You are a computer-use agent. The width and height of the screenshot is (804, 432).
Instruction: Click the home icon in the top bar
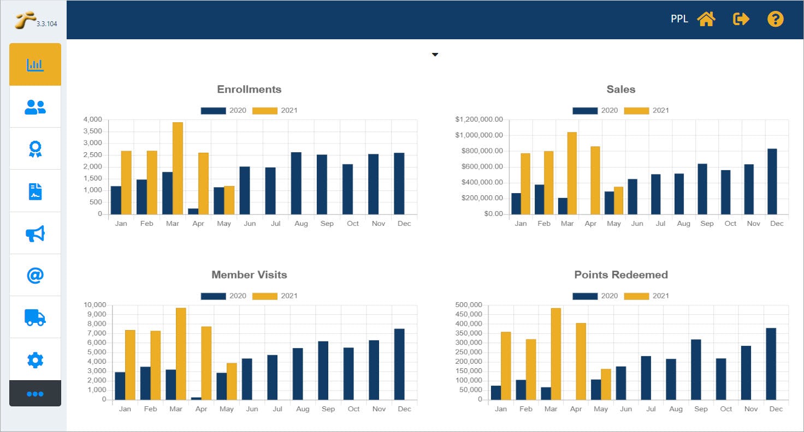[x=706, y=20]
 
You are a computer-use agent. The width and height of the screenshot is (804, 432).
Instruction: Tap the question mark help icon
[x=775, y=20]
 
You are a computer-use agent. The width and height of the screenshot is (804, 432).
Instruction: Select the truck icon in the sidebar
[x=35, y=317]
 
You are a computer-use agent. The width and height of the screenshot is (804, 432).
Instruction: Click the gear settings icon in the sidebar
[x=35, y=359]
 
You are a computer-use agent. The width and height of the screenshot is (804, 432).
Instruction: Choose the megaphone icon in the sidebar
[x=35, y=233]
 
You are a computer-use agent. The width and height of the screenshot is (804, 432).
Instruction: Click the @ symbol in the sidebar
[x=35, y=275]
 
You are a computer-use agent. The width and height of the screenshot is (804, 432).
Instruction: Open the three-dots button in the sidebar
[x=35, y=393]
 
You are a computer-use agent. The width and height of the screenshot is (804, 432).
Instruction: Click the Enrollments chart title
[x=249, y=89]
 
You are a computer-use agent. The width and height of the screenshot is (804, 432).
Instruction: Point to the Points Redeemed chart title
[x=621, y=275]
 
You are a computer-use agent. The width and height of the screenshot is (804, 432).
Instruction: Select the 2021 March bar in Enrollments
[x=178, y=168]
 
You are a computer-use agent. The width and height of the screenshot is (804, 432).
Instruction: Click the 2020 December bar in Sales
[x=772, y=181]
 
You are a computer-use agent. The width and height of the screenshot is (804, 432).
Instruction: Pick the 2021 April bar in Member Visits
[x=206, y=363]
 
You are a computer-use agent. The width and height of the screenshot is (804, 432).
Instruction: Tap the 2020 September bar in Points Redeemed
[x=696, y=369]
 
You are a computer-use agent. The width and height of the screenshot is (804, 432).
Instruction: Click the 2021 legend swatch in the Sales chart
[x=636, y=111]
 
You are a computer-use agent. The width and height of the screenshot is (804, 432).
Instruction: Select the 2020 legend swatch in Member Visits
[x=213, y=296]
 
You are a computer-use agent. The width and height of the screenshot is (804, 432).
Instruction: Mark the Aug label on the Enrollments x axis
[x=301, y=224]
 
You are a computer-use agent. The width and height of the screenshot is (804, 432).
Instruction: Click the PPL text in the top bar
[x=679, y=20]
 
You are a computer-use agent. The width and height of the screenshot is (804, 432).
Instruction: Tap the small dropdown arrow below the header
[x=435, y=55]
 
